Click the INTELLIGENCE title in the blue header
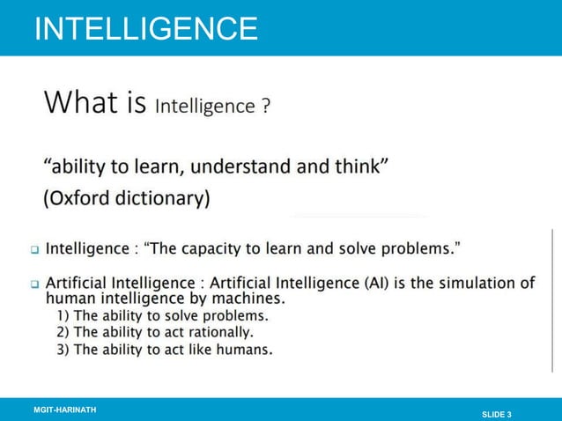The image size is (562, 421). (145, 28)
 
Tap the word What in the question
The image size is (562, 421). (83, 103)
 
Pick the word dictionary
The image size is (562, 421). (165, 197)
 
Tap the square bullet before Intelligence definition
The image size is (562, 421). (35, 249)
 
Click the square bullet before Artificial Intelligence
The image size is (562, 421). (35, 284)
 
